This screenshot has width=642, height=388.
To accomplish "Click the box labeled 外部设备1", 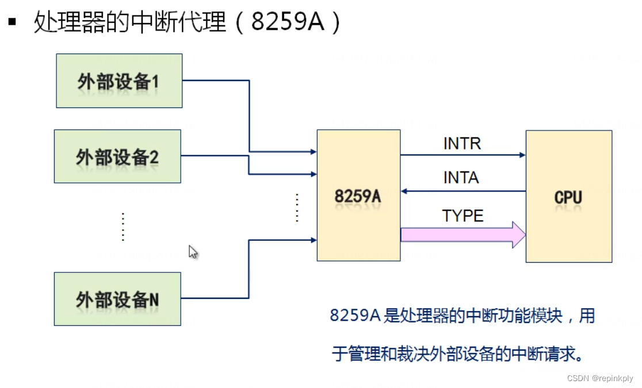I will [x=119, y=81].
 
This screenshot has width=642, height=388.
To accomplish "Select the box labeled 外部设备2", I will [x=117, y=156].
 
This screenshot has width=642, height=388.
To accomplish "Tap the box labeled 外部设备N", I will [x=117, y=299].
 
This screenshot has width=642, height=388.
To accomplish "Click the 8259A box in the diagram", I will [x=358, y=195].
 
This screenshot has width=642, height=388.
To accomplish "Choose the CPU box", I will [x=568, y=197].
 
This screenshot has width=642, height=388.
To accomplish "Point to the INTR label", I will [x=462, y=143].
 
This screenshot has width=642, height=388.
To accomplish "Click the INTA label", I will [x=461, y=178].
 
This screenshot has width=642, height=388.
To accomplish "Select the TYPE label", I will [x=463, y=216].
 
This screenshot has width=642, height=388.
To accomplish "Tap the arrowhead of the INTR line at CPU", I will [x=522, y=155].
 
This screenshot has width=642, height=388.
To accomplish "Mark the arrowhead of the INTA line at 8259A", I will [x=404, y=191].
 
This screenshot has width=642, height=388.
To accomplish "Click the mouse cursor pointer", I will [x=193, y=251].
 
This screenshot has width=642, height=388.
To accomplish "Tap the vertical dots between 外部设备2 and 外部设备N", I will [x=123, y=226].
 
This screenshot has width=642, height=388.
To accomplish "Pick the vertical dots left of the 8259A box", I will [x=297, y=208].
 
